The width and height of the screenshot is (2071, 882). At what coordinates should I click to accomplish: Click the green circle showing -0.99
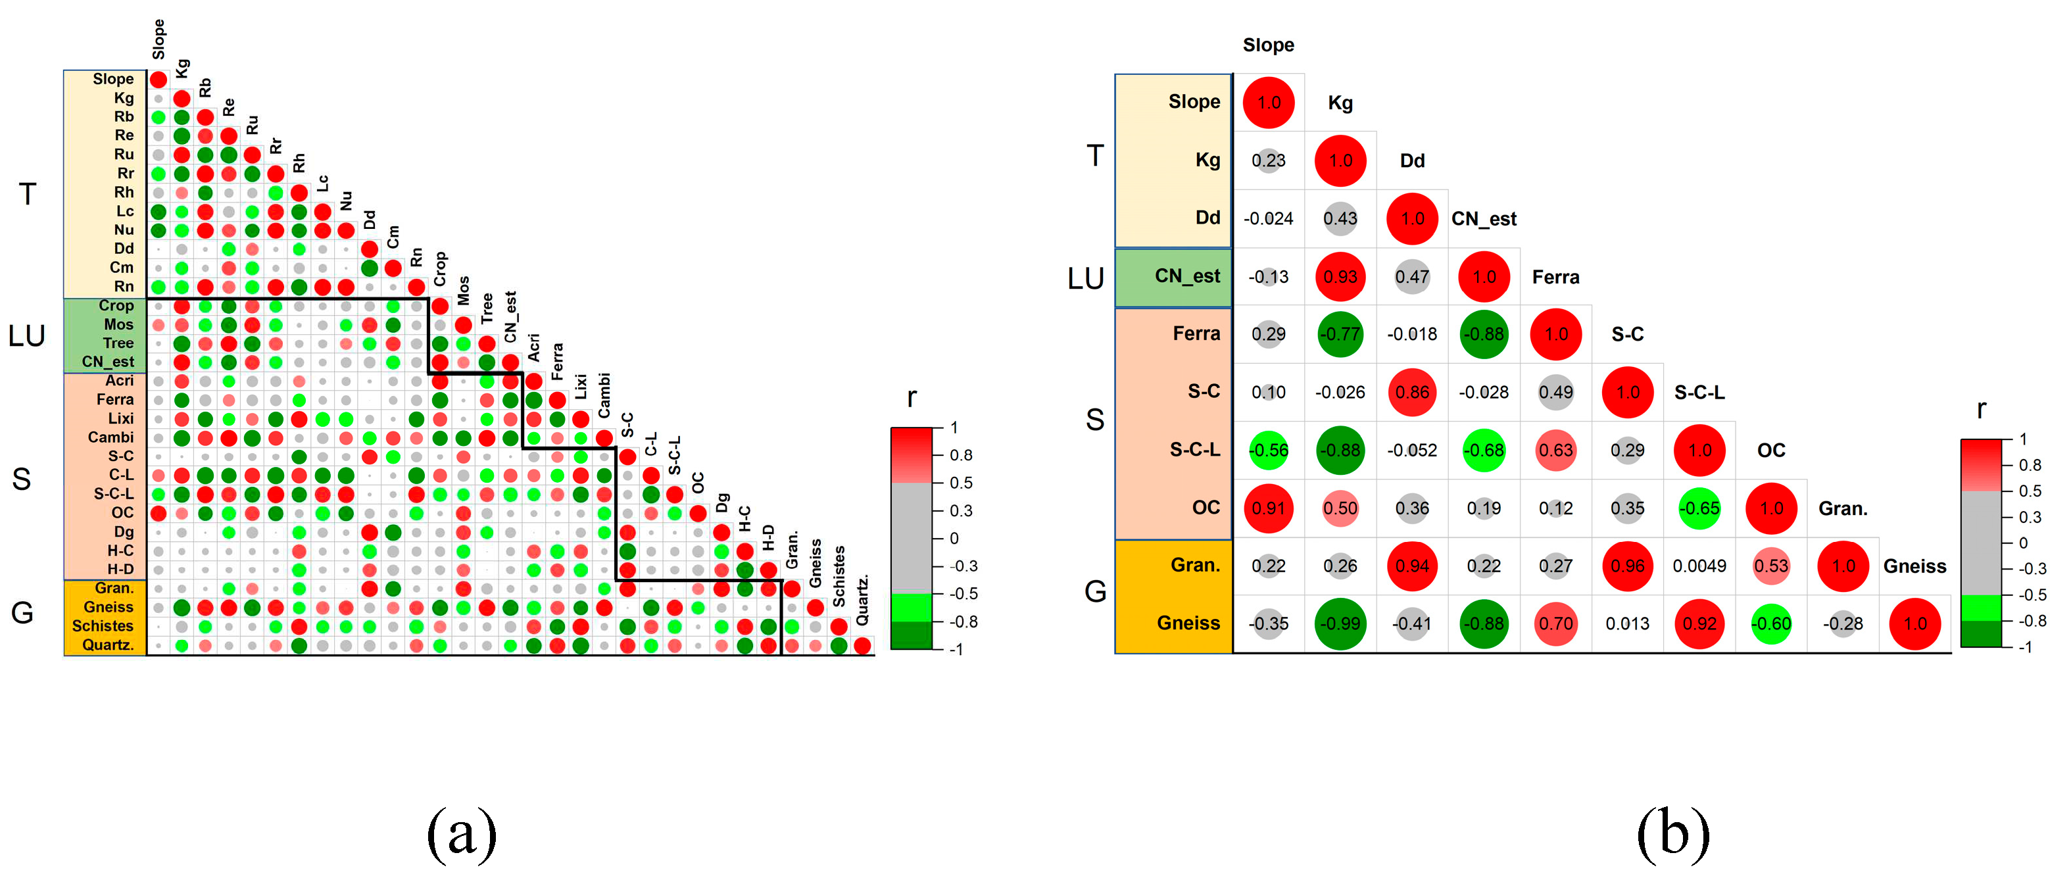pyautogui.click(x=1340, y=624)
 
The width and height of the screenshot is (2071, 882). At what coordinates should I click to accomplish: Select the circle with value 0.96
pyautogui.click(x=1627, y=566)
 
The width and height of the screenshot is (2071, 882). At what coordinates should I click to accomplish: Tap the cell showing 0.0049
pyautogui.click(x=1699, y=566)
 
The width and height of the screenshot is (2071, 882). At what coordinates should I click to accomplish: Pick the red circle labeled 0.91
pyautogui.click(x=1268, y=508)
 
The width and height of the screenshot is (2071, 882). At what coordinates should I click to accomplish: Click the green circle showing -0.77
pyautogui.click(x=1340, y=335)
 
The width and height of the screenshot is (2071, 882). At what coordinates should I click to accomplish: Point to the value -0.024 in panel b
pyautogui.click(x=1268, y=218)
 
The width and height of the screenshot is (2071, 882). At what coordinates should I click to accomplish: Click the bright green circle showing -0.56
pyautogui.click(x=1268, y=451)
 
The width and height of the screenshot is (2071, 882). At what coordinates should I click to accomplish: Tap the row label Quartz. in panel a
pyautogui.click(x=107, y=645)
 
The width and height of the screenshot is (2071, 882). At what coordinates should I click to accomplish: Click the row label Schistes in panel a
pyautogui.click(x=102, y=625)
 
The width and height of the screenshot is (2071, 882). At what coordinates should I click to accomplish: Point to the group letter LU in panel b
pyautogui.click(x=1084, y=278)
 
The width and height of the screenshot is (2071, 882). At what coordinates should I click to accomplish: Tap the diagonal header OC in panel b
pyautogui.click(x=1770, y=451)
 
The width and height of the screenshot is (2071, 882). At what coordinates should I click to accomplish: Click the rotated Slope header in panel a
pyautogui.click(x=158, y=39)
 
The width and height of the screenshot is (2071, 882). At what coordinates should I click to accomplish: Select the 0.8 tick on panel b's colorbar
pyautogui.click(x=2029, y=465)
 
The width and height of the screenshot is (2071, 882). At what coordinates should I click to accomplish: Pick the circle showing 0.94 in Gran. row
pyautogui.click(x=1412, y=566)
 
